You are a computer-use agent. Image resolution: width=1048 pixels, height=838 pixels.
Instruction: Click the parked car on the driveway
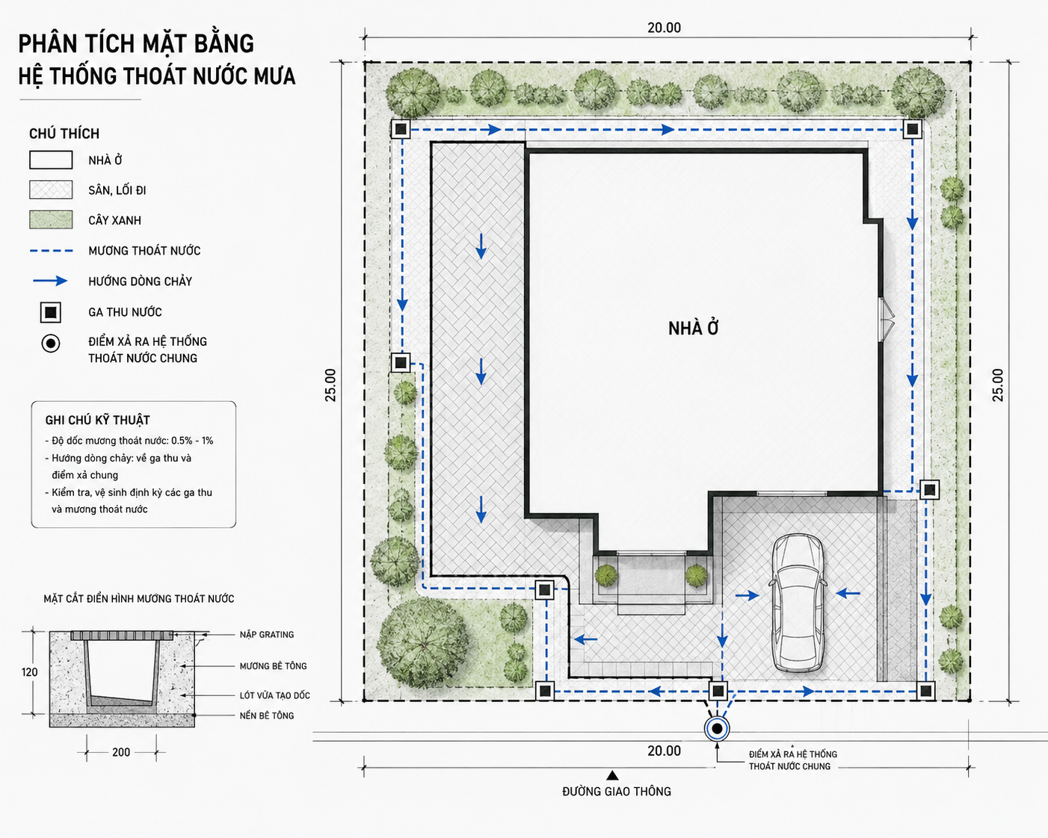tap(798, 603)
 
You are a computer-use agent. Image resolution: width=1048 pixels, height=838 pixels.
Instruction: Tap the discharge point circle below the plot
tap(717, 729)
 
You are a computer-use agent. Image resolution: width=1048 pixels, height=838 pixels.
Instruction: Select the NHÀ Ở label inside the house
tap(693, 329)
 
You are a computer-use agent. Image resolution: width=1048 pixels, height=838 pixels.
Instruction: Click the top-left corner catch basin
tap(401, 129)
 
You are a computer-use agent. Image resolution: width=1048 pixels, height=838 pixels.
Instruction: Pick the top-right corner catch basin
tap(912, 129)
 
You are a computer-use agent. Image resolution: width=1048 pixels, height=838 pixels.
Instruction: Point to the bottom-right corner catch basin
tap(925, 691)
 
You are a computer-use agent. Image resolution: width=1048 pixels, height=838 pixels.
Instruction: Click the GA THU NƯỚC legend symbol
tap(51, 312)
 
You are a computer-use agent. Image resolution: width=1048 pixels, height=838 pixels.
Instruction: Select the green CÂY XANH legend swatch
tap(51, 220)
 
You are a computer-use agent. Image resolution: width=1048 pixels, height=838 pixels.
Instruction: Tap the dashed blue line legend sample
tap(51, 251)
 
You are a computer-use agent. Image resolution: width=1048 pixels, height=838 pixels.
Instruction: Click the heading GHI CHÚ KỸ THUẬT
tap(97, 420)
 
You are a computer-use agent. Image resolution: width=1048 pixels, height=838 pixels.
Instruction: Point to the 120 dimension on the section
tap(29, 672)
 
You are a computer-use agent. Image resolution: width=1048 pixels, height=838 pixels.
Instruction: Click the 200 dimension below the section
tap(121, 752)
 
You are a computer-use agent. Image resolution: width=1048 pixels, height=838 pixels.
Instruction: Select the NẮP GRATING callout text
tap(267, 635)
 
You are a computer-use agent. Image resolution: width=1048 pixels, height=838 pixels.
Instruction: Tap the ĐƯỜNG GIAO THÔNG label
tap(617, 792)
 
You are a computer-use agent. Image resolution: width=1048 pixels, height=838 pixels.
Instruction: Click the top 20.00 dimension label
tap(665, 28)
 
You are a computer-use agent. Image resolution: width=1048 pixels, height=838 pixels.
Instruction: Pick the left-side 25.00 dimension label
tap(330, 385)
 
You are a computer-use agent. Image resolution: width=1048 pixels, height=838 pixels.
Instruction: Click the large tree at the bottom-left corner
tap(422, 642)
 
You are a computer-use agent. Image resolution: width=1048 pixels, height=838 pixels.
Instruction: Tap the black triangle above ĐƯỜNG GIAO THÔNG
tap(613, 776)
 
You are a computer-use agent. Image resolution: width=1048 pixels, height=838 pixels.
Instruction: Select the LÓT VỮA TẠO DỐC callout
tap(274, 695)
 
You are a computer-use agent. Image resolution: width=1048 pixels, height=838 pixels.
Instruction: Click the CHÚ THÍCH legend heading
tap(64, 134)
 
